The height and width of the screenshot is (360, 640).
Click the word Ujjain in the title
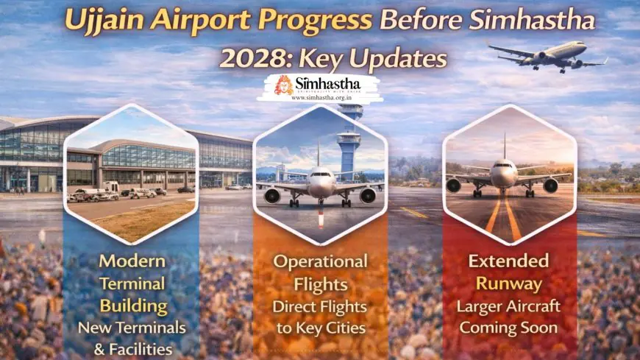point(104,21)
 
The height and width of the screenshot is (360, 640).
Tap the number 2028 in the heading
point(255,58)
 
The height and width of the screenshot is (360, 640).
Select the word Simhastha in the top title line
point(533,19)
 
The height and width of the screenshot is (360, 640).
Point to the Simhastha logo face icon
point(283,85)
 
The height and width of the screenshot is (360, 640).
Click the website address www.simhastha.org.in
point(321,98)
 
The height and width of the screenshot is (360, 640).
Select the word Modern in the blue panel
point(132,261)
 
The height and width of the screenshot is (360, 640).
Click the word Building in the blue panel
point(133,306)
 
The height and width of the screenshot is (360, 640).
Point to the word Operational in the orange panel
point(321,262)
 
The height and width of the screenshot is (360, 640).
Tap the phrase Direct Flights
point(319,306)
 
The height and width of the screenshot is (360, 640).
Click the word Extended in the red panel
point(508,261)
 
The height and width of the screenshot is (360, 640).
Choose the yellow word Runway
point(509,283)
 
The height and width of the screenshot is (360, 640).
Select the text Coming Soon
point(508,328)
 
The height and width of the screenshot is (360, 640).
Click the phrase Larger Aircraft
point(508,306)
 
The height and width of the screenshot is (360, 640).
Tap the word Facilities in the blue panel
point(141,350)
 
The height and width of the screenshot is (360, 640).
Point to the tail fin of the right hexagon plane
point(505,146)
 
